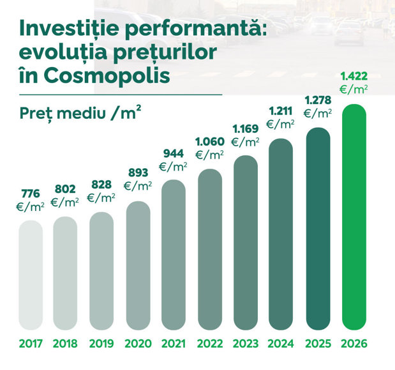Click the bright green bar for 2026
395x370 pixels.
tap(354, 217)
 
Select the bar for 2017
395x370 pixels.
tap(31, 275)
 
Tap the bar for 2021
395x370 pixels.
tap(174, 255)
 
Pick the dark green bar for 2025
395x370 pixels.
tap(318, 229)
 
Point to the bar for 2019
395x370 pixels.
tap(101, 271)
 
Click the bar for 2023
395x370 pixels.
tap(246, 243)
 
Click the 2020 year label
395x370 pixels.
tap(138, 344)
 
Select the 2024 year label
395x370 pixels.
tap(281, 344)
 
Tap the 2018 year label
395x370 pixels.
tap(65, 344)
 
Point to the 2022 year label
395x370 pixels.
tap(210, 344)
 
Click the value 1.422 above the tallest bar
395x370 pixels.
tap(354, 76)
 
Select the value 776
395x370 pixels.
tap(31, 194)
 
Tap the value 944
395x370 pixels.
tap(174, 153)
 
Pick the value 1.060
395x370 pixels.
tap(210, 141)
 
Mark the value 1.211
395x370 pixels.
tap(281, 111)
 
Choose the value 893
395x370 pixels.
tap(138, 173)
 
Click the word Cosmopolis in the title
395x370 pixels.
tap(107, 75)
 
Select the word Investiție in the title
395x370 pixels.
tap(69, 28)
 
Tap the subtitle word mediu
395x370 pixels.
tap(81, 113)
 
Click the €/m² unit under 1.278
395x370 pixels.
tap(318, 114)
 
